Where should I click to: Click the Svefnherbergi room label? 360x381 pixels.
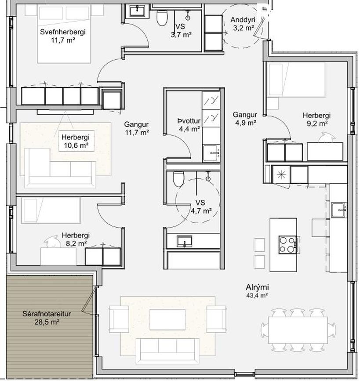pos(63,36)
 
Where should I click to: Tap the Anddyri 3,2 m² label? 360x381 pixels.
pos(243,24)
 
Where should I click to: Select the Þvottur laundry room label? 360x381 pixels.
pos(189,125)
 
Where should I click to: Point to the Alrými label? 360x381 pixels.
pos(257,291)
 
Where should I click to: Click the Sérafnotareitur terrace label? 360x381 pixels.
pos(47,318)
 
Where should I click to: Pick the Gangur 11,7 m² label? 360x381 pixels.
pos(137,128)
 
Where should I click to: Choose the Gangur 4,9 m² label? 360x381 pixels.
pos(245,119)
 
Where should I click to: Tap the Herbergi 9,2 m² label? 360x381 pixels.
pos(316,119)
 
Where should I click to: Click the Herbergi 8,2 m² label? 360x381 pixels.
pos(76,239)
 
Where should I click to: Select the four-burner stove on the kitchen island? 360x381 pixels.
pos(288,245)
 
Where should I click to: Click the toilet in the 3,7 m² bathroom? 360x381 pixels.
pos(162,17)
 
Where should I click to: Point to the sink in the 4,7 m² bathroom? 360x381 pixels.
pos(185,241)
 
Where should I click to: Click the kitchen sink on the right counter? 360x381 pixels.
pos(339,210)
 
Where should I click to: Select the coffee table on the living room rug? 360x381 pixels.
pos(167,319)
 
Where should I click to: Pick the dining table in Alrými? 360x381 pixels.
pos(298,330)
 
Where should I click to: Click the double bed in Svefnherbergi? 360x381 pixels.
pos(64,34)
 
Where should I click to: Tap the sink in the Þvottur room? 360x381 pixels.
pos(211,153)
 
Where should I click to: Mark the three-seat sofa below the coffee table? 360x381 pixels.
pos(167,351)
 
